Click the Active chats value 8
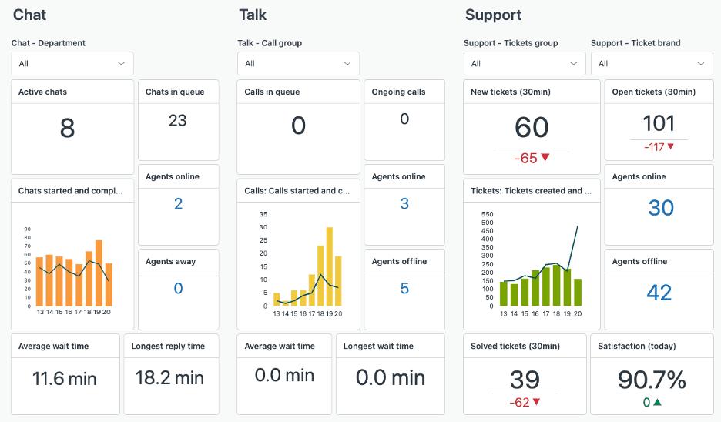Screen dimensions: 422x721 click(67, 128)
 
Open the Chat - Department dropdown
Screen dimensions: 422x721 click(72, 63)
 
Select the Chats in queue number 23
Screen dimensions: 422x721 click(177, 120)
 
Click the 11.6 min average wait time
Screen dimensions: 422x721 click(65, 378)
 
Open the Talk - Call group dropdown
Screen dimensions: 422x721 click(298, 63)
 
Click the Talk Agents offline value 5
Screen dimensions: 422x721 click(404, 289)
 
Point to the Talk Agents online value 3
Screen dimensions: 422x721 click(404, 204)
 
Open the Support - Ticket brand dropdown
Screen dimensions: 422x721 click(652, 63)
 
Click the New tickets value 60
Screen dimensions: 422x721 click(532, 128)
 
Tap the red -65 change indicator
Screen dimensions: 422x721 click(532, 158)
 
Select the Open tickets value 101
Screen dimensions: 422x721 click(659, 123)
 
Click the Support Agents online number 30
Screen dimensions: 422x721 click(661, 208)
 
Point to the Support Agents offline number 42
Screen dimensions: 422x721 click(659, 293)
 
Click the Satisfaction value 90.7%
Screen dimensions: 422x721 click(652, 380)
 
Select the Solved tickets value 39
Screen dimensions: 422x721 click(525, 380)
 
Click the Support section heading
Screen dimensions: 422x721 click(493, 15)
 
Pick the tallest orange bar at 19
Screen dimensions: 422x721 click(99, 273)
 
